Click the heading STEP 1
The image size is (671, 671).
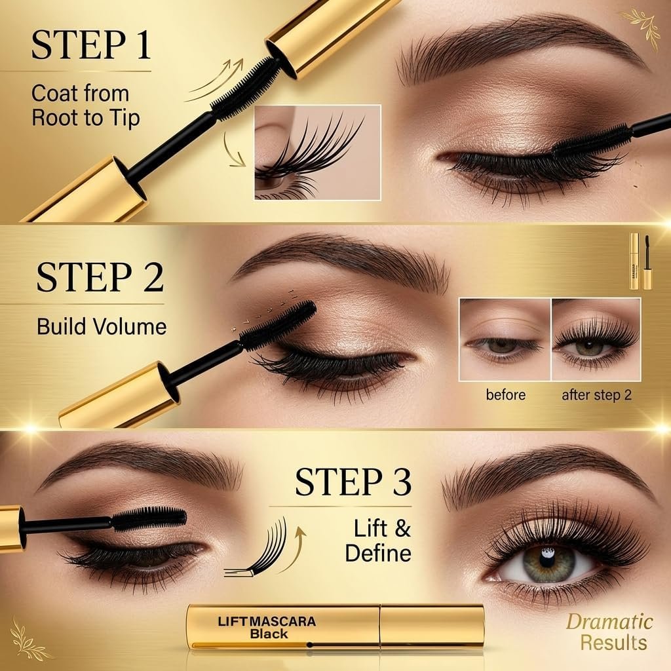click(90, 45)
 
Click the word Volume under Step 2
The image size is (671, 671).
click(130, 326)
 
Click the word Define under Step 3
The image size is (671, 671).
click(378, 553)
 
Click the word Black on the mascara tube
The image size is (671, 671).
click(269, 634)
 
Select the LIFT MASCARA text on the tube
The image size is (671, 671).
click(267, 621)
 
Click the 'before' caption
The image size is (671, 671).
click(505, 394)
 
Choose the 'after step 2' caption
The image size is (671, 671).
click(596, 395)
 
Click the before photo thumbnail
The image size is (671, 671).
click(505, 340)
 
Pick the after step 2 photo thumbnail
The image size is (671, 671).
click(596, 340)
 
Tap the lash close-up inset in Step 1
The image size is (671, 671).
click(318, 152)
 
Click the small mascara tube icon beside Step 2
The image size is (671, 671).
click(640, 261)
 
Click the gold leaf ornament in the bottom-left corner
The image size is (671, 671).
click(28, 638)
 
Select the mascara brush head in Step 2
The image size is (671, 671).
click(278, 324)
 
